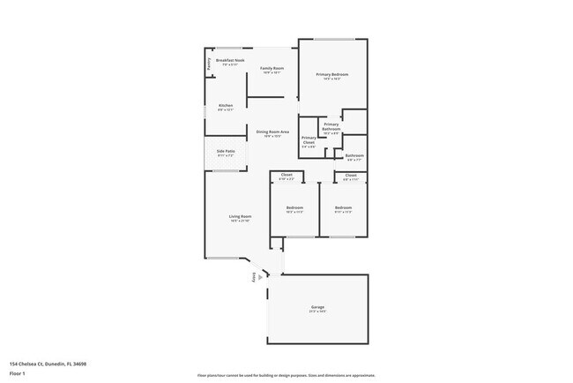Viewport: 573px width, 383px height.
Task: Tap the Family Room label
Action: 272,68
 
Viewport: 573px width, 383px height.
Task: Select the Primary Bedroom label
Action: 332,74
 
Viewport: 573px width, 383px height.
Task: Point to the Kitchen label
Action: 226,106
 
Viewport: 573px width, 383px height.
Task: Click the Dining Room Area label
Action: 274,132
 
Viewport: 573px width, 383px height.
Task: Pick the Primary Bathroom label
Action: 331,124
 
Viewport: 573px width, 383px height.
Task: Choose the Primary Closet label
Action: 309,139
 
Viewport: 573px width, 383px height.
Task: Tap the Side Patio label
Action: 226,151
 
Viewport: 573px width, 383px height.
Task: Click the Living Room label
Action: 241,216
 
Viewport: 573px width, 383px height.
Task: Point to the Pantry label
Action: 209,64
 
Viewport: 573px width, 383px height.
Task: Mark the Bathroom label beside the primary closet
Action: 355,156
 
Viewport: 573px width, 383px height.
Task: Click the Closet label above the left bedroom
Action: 286,175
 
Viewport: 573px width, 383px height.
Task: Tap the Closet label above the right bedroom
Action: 351,175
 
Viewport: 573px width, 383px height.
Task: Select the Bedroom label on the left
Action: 294,207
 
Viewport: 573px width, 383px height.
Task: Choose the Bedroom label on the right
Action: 343,207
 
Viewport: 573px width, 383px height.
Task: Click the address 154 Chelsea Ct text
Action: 48,363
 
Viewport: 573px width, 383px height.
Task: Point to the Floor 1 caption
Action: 18,373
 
